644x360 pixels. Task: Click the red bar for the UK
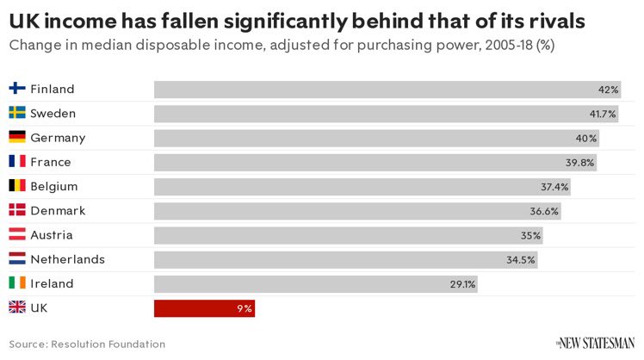click(x=204, y=308)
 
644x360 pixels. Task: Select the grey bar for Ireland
click(x=315, y=284)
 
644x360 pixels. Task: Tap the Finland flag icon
click(x=17, y=89)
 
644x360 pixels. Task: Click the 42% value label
click(x=609, y=90)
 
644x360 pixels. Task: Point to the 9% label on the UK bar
click(x=245, y=308)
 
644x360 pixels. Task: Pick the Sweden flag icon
click(x=17, y=113)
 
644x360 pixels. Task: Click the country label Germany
click(x=58, y=138)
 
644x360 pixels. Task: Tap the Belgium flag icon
click(x=17, y=186)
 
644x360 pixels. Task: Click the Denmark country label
click(x=58, y=211)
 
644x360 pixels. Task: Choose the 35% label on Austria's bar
click(x=530, y=235)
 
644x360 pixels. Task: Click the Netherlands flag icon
click(x=17, y=259)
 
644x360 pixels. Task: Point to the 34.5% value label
click(x=522, y=259)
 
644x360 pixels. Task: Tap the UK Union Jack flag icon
click(x=17, y=307)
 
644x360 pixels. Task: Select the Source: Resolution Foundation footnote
click(x=87, y=344)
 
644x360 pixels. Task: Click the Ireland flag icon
click(x=17, y=283)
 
